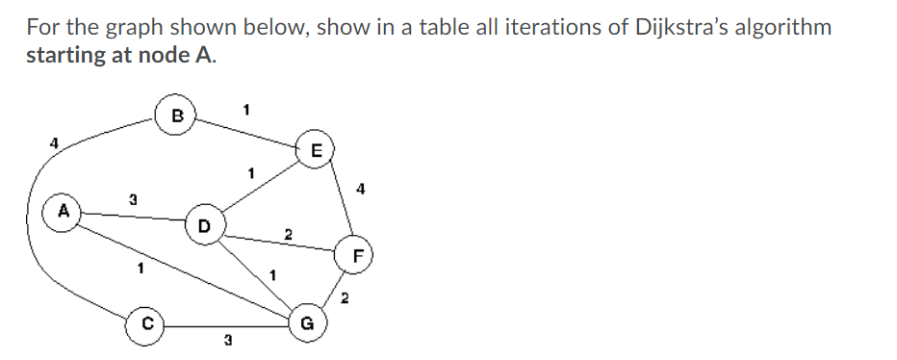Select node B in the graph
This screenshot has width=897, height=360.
[176, 116]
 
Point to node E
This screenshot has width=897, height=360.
[318, 150]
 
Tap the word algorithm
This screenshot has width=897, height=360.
[782, 26]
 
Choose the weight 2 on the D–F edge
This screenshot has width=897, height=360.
[286, 233]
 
